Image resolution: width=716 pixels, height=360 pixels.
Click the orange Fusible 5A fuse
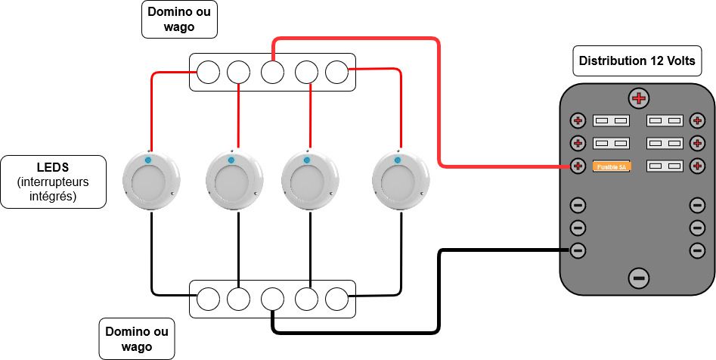click(610, 166)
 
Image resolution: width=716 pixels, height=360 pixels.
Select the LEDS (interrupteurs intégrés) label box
click(52, 182)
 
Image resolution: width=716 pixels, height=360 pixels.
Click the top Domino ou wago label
click(180, 20)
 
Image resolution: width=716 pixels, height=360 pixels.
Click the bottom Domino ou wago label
click(137, 339)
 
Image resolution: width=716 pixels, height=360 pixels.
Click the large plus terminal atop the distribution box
click(639, 98)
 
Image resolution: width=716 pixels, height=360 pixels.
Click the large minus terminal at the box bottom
click(639, 278)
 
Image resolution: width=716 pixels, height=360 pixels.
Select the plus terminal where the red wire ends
click(578, 166)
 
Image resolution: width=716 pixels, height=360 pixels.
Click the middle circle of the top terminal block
click(272, 73)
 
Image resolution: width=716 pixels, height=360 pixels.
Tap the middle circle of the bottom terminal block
click(272, 299)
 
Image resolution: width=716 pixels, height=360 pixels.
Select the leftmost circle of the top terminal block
click(208, 73)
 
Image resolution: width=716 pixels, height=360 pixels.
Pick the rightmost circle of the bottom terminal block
click(336, 299)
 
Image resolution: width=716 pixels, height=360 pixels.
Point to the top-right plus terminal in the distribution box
click(698, 121)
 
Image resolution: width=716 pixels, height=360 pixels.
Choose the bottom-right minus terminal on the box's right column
click(698, 250)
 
